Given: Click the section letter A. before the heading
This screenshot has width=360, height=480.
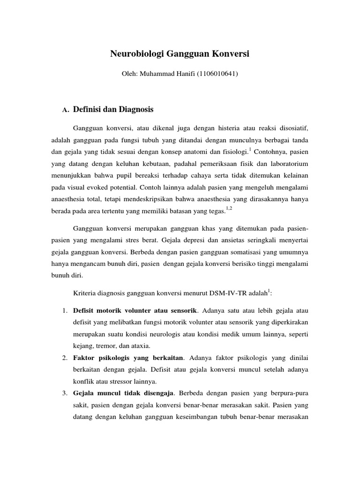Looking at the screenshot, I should coord(66,110).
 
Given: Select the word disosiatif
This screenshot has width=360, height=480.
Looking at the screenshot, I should coord(292,127).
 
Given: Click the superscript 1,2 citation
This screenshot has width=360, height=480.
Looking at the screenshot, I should coord(229,208).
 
